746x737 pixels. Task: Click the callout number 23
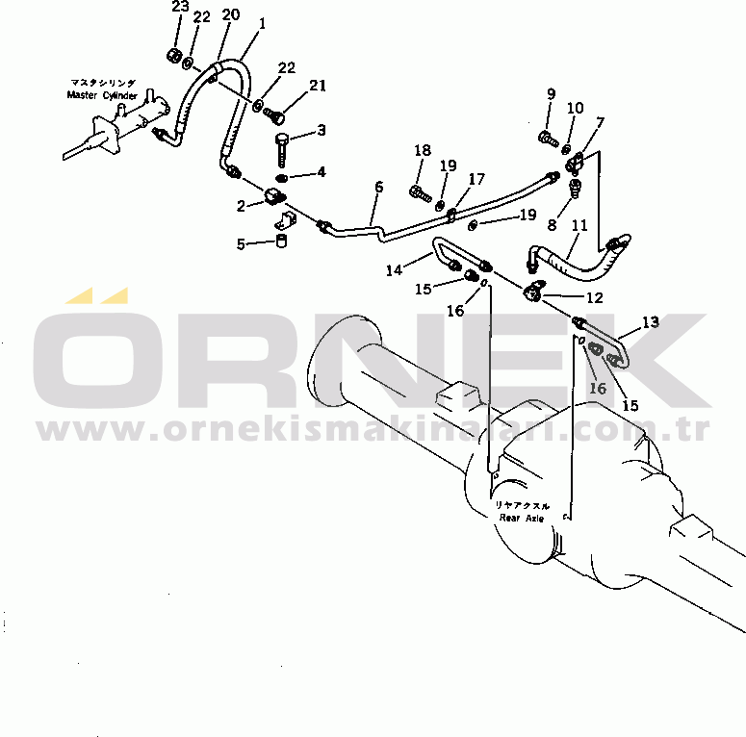180,8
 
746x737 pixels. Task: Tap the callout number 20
230,14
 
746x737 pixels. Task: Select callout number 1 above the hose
262,22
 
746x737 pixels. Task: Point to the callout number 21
318,86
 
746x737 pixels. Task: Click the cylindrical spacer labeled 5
282,240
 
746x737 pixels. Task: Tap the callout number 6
378,187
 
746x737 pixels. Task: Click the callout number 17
476,179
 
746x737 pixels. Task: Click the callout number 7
599,122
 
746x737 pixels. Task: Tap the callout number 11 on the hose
579,227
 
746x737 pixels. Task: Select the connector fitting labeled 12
536,291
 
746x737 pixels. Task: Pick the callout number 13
652,322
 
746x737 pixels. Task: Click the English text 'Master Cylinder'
102,95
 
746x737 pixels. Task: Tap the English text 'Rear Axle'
521,518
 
